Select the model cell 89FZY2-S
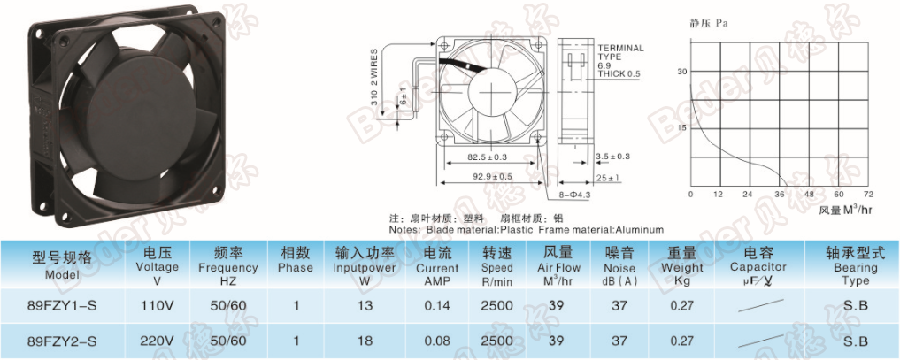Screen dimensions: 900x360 click(62, 341)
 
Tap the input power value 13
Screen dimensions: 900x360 click(365, 306)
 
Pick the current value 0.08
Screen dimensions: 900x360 click(437, 341)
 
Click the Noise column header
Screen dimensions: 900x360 click(619, 266)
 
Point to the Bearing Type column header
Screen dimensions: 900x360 click(855, 266)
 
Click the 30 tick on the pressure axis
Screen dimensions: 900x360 click(682, 72)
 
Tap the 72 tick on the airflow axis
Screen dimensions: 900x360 click(868, 195)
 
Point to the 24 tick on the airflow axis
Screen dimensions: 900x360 click(747, 195)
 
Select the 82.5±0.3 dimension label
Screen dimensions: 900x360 click(488, 156)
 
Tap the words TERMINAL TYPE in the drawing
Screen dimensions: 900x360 click(620, 53)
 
